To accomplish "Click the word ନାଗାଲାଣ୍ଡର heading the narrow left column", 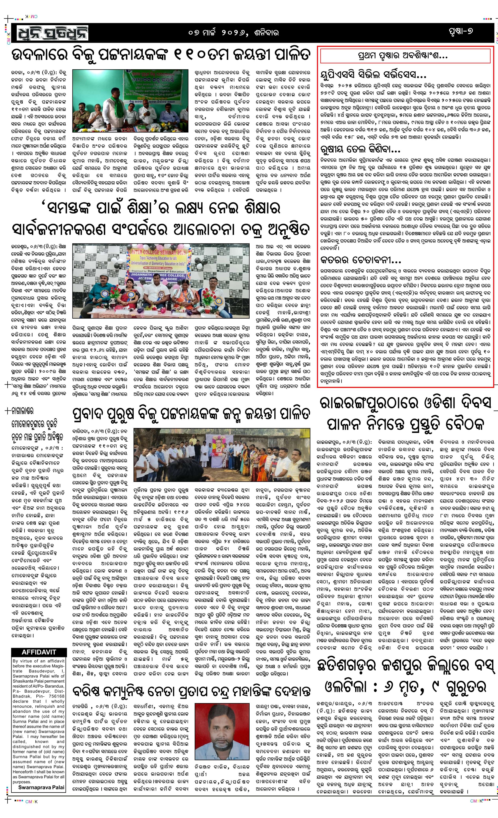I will (x=23, y=411).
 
